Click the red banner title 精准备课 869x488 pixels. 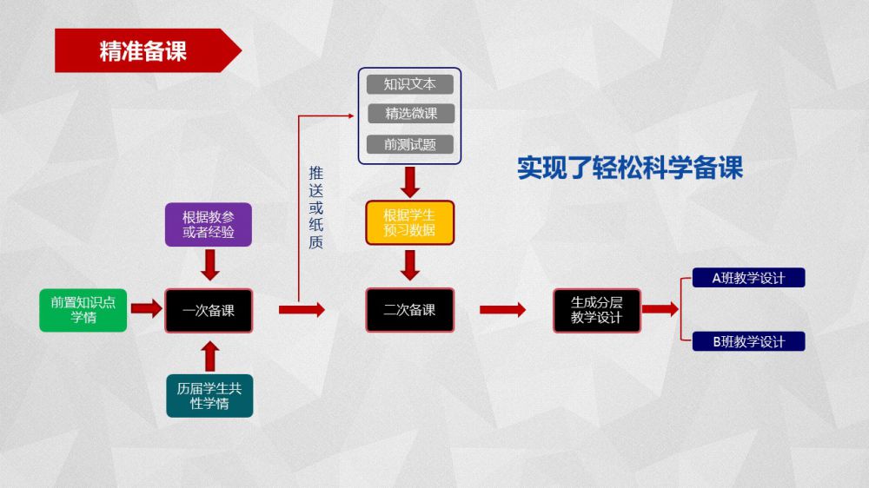[x=143, y=50]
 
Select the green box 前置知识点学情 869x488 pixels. [x=83, y=310]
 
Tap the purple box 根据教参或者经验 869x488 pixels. [x=209, y=224]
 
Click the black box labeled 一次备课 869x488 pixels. [x=209, y=310]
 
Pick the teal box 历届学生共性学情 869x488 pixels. [x=209, y=395]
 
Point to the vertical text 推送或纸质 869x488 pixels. [x=315, y=208]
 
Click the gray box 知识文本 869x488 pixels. [x=409, y=84]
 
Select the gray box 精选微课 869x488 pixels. [x=409, y=114]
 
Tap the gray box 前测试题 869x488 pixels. [x=409, y=144]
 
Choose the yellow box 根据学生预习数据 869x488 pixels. [x=410, y=223]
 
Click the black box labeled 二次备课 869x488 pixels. [x=410, y=310]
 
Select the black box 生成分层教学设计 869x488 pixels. [x=597, y=310]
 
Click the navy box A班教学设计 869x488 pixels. [x=748, y=278]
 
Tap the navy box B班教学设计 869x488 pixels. [x=748, y=341]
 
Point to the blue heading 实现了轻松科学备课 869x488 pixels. [x=630, y=168]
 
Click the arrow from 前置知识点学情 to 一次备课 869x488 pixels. [x=146, y=309]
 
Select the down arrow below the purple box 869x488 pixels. [x=209, y=264]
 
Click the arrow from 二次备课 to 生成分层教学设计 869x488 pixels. [x=502, y=310]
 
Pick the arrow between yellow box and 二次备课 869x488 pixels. [x=410, y=264]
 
